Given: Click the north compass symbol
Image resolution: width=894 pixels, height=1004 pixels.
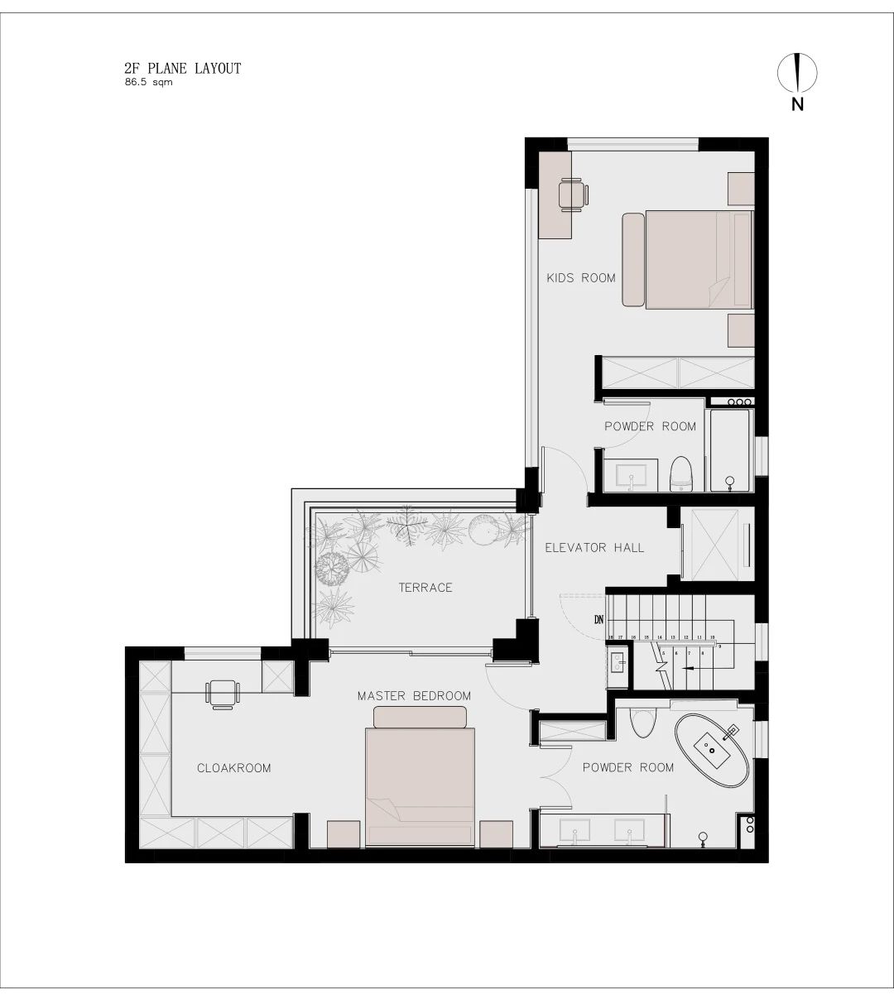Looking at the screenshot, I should coord(796,74).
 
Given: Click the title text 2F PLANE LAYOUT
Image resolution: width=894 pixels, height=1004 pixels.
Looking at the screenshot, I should coord(182,69).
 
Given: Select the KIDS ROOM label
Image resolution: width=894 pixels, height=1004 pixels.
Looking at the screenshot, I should coord(580,278).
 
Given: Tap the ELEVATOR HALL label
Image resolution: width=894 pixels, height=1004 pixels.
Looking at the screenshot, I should coord(594,547).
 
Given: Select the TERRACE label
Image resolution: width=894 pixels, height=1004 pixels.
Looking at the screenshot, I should coord(425,588).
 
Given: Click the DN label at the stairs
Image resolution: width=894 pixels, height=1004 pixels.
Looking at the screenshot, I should coord(598,619).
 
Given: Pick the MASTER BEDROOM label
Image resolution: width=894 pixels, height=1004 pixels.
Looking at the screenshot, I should coord(414,696).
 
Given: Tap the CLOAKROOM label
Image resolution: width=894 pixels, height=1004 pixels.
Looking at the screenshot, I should coord(233,768).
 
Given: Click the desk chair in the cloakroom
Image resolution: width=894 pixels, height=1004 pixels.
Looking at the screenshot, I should coord(222,694).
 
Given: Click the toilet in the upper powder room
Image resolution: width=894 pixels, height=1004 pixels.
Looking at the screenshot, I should coord(680,473).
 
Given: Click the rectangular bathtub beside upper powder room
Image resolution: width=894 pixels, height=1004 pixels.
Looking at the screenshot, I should coord(729,448).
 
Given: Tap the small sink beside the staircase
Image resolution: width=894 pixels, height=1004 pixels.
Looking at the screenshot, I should coord(617,662).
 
